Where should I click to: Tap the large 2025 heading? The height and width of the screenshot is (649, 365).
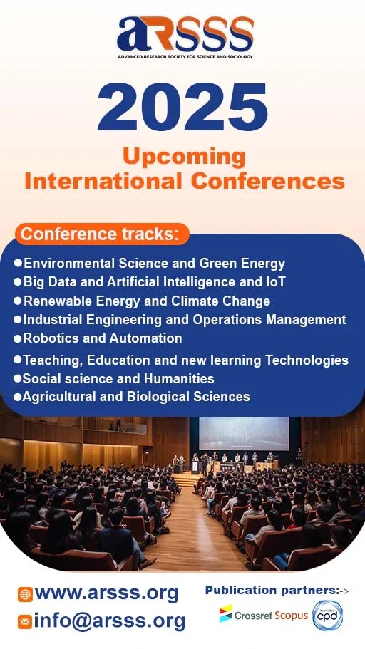pyautogui.click(x=182, y=107)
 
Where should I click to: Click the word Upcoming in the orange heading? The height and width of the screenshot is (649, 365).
pyautogui.click(x=183, y=156)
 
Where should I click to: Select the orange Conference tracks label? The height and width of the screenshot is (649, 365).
pyautogui.click(x=104, y=234)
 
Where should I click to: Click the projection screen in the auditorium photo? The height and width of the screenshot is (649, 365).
pyautogui.click(x=244, y=434)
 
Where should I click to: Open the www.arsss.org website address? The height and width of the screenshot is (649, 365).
pyautogui.click(x=106, y=593)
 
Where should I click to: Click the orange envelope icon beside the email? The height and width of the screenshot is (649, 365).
pyautogui.click(x=25, y=621)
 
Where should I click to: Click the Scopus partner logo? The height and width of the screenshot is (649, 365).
pyautogui.click(x=292, y=614)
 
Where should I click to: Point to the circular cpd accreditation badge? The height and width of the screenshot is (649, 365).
pyautogui.click(x=328, y=615)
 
